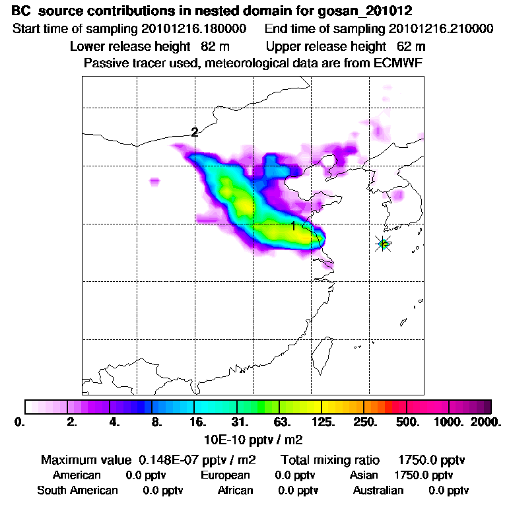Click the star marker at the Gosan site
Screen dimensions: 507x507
383,244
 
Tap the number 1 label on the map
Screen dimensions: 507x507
292,226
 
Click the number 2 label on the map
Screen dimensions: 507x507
194,132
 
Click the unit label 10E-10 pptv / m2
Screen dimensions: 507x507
255,438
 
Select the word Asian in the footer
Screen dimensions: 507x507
364,475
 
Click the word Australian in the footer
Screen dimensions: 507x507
378,490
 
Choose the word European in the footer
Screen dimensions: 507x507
225,475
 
